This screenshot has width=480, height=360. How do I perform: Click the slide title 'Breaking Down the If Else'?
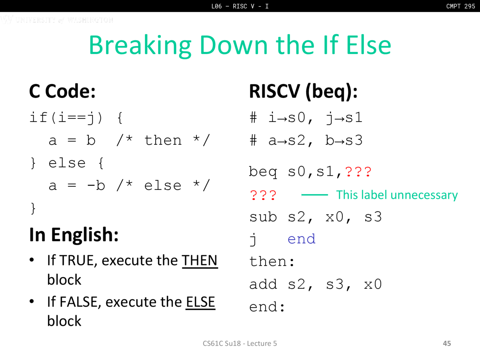pos(240,45)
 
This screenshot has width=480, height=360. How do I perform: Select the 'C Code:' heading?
pos(62,91)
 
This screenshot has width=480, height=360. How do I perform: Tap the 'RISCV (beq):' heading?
pos(303,92)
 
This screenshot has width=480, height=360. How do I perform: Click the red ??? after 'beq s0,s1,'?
pos(358,172)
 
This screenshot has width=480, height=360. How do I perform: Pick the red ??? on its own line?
pos(263,195)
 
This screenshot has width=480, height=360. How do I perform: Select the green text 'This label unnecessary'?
pos(397,195)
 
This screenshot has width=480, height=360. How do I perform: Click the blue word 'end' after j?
pos(301,238)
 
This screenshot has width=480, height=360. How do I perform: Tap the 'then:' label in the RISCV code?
pos(272,261)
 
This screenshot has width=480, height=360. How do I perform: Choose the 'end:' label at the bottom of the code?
pos(267,306)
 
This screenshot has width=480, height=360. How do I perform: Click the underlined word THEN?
pos(199,261)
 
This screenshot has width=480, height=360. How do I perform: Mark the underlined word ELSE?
pos(200,302)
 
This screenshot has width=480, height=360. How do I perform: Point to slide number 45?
pos(447,343)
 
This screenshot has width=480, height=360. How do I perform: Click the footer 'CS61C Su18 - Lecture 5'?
pos(240,343)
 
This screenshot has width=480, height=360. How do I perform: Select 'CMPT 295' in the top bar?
pos(460,6)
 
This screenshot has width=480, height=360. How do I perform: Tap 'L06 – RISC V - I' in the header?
pos(240,6)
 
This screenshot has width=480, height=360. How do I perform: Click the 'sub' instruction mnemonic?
pos(263,217)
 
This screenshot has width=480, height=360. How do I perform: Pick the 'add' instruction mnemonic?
pos(263,284)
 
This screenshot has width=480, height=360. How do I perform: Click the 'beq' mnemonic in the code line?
pos(263,172)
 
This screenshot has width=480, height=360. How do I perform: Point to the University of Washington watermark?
pos(57,19)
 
